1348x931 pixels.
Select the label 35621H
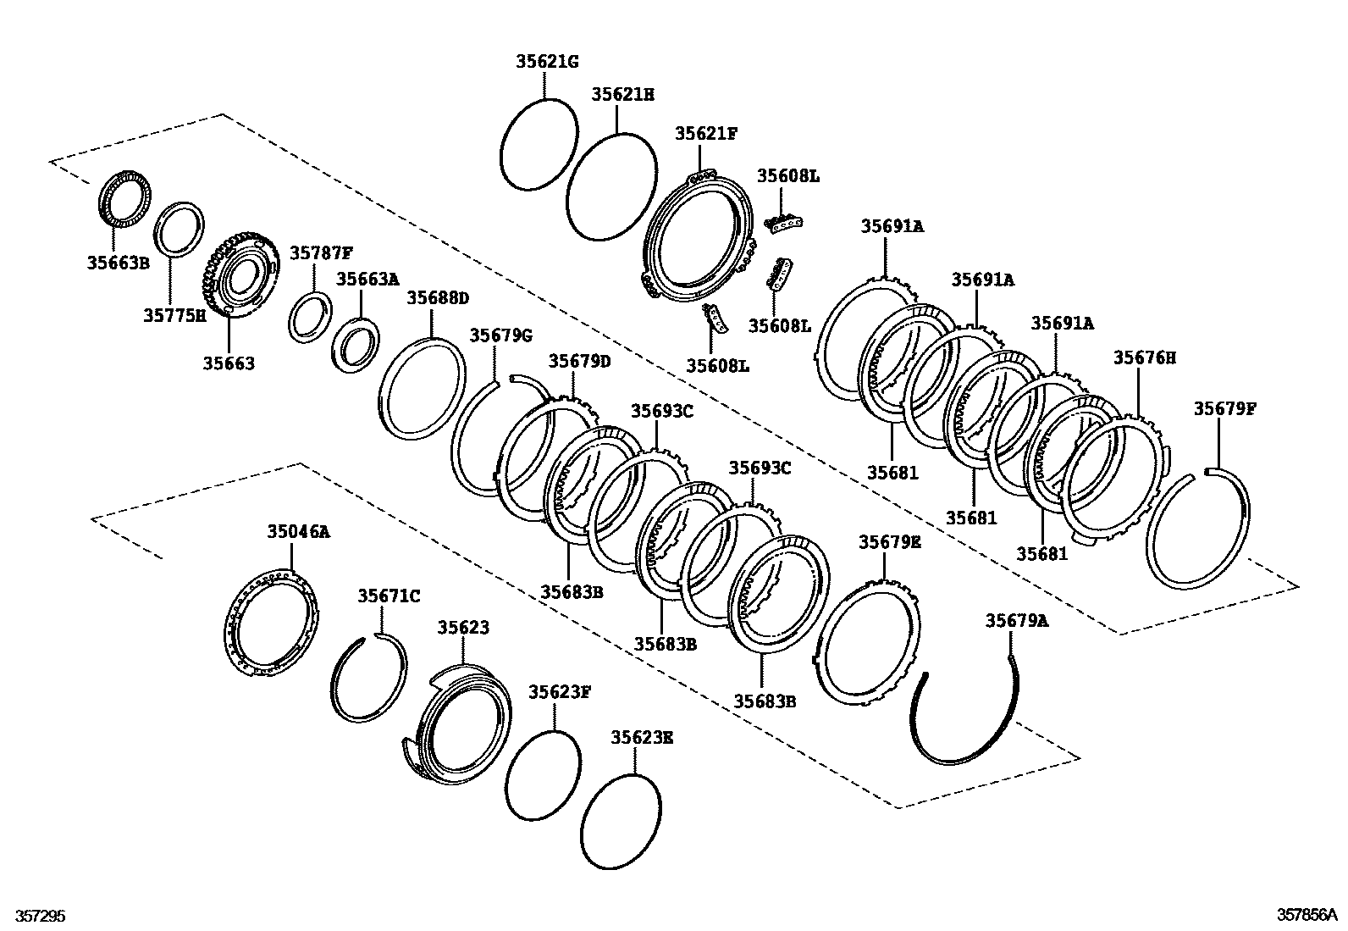coord(623,95)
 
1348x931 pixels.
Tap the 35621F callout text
coord(706,134)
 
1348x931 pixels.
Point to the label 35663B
coord(118,263)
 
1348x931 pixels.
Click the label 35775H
coord(174,316)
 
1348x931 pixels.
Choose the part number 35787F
coord(321,253)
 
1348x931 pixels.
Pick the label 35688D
coord(438,298)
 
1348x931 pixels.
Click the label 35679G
coord(501,335)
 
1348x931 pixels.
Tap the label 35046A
coord(298,532)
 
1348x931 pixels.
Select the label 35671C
coord(389,596)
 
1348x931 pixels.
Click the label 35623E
coord(643,737)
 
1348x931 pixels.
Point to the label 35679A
coord(1016,621)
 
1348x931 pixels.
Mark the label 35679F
coord(1225,409)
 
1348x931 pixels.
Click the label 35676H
coord(1145,358)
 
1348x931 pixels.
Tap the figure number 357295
coord(35,917)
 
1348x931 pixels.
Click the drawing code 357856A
coord(1307,915)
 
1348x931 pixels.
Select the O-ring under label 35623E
coord(622,822)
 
